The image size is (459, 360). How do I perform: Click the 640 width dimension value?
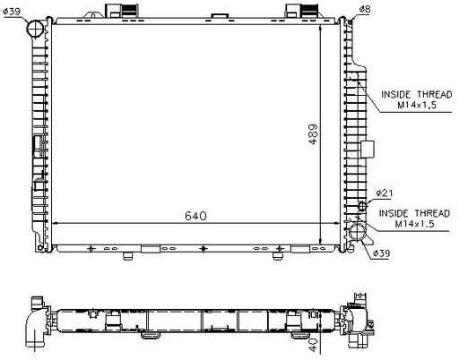(x=195, y=216)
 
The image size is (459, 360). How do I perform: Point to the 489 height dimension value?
(x=313, y=134)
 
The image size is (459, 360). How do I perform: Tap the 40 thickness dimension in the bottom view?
(x=313, y=345)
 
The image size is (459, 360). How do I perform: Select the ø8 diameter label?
(x=365, y=10)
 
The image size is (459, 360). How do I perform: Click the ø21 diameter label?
(x=385, y=193)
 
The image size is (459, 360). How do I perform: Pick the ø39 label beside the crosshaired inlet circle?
(x=12, y=12)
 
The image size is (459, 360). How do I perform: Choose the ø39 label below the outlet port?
(x=382, y=253)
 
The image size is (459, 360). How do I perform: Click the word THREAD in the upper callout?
(x=435, y=95)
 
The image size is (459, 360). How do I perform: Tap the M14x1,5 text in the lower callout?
(x=414, y=224)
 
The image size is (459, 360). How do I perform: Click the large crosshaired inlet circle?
(x=36, y=29)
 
